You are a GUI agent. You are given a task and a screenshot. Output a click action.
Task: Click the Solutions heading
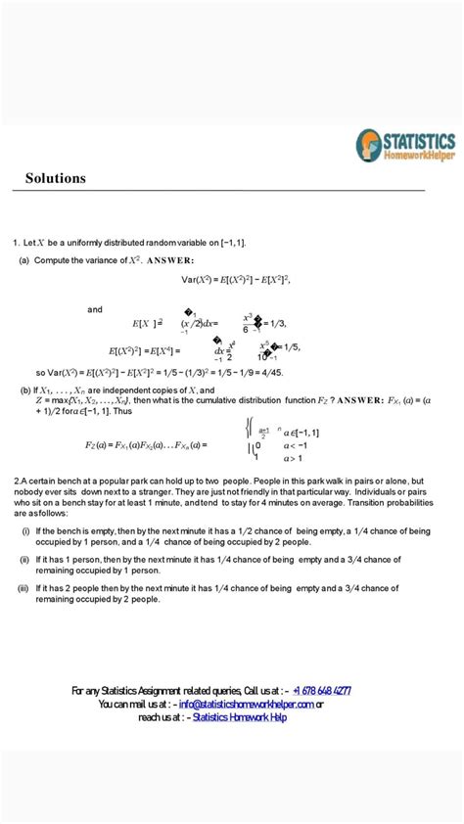click(56, 178)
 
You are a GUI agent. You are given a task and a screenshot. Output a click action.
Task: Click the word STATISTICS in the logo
click(419, 140)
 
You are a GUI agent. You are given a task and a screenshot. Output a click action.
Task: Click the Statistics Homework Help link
click(240, 717)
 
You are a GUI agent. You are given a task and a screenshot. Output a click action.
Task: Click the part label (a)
click(24, 260)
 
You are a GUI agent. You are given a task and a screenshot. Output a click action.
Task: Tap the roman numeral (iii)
click(23, 588)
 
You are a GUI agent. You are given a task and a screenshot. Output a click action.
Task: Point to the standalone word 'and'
click(95, 309)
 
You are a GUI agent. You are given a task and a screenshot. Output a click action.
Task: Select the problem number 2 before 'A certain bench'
click(17, 481)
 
